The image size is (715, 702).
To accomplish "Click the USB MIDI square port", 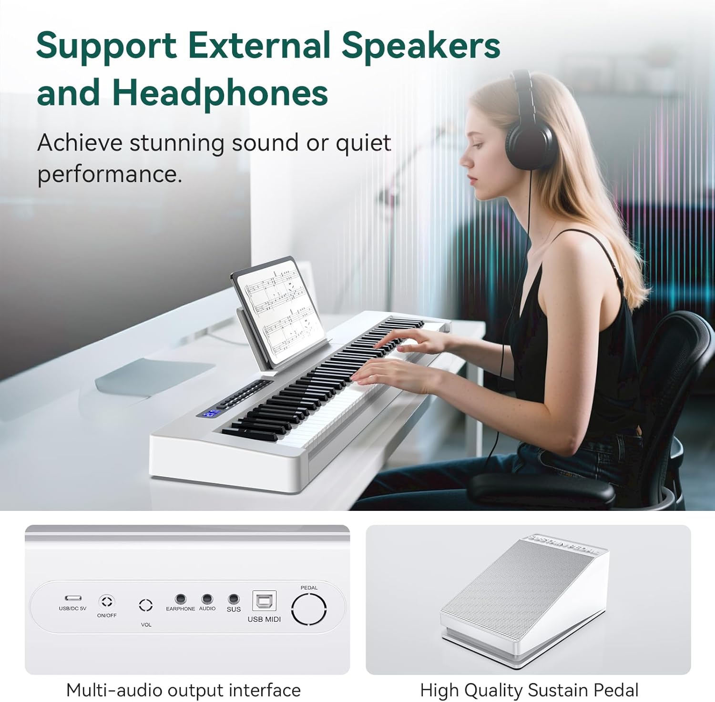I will click(x=264, y=601).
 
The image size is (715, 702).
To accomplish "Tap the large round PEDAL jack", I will click(x=309, y=609).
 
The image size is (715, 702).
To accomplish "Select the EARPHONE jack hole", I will click(x=180, y=599).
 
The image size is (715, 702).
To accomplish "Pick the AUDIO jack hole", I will click(x=207, y=599).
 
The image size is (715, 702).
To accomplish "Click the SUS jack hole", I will click(x=234, y=599).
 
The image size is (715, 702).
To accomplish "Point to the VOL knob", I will click(x=146, y=605).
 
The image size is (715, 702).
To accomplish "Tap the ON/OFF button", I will click(x=107, y=601).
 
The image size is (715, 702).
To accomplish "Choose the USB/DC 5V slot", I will click(x=73, y=598).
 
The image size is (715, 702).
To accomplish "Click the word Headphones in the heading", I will click(x=220, y=92).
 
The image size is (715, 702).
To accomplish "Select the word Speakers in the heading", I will click(x=420, y=46).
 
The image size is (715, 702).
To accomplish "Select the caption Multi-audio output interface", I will click(x=184, y=690).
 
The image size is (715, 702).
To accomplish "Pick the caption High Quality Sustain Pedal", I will click(x=529, y=690).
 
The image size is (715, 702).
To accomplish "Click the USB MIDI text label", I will click(x=264, y=619).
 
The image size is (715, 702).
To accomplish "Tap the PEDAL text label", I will click(x=309, y=588).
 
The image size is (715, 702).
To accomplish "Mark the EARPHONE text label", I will click(x=180, y=609).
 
